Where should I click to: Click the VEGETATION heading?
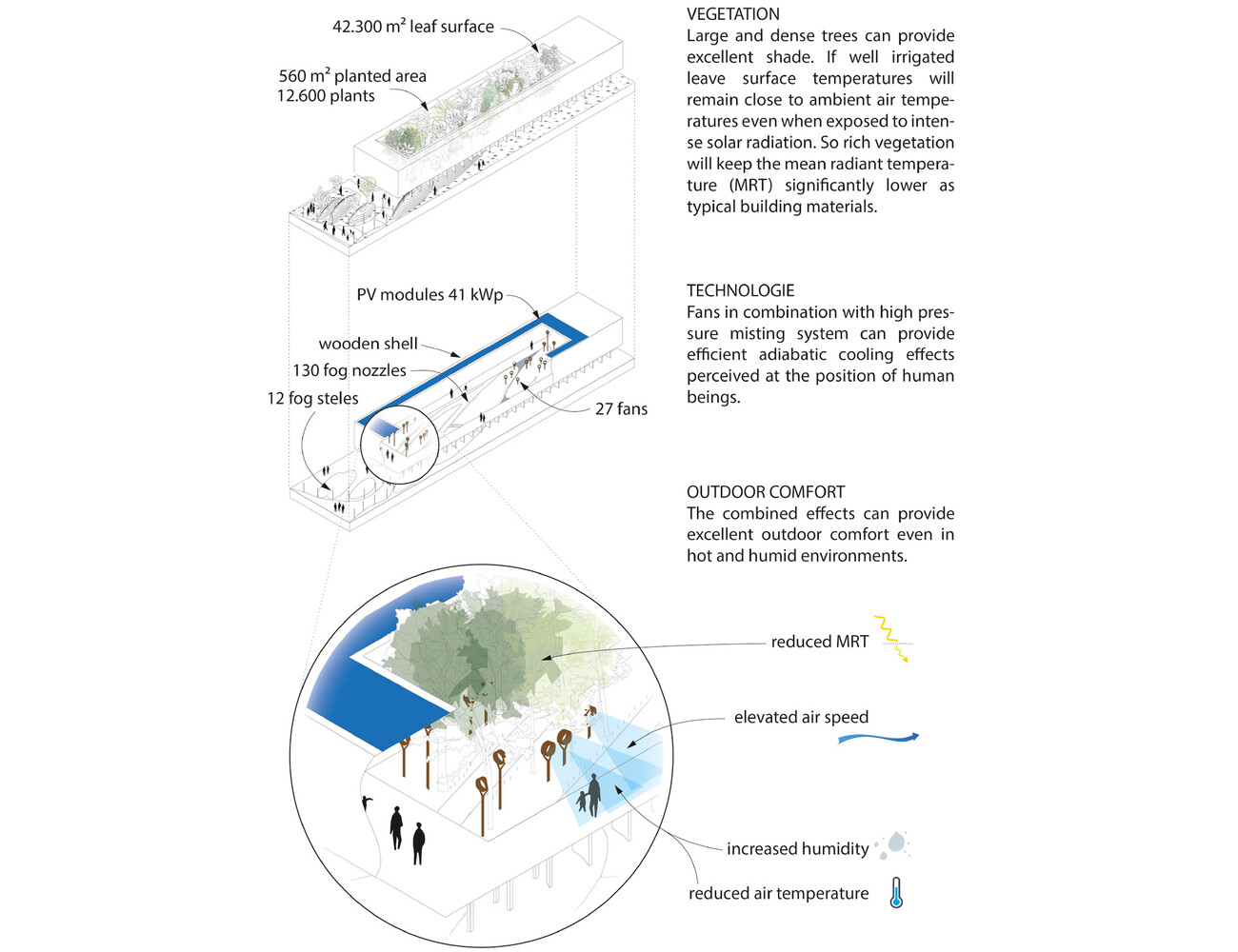[x=732, y=14]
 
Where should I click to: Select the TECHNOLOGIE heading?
[x=740, y=290]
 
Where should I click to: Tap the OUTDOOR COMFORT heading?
[x=766, y=492]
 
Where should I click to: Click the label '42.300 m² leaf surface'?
[x=412, y=27]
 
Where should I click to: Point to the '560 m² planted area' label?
[x=352, y=76]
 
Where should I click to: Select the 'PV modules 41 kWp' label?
[x=429, y=295]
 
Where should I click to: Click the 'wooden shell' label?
[x=368, y=344]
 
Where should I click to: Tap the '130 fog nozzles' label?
[x=349, y=370]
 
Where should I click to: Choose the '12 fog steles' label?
[x=312, y=398]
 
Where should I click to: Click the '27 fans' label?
[x=621, y=408]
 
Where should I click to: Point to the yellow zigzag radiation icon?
[x=892, y=638]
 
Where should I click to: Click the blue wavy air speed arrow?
[x=877, y=738]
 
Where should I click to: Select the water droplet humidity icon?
[x=893, y=843]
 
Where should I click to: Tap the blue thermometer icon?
[x=895, y=893]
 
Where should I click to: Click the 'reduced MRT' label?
[x=819, y=642]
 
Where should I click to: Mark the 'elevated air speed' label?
[x=801, y=717]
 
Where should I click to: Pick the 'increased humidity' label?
[x=797, y=848]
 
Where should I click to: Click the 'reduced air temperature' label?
[x=778, y=893]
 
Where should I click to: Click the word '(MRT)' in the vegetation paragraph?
[x=750, y=185]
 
